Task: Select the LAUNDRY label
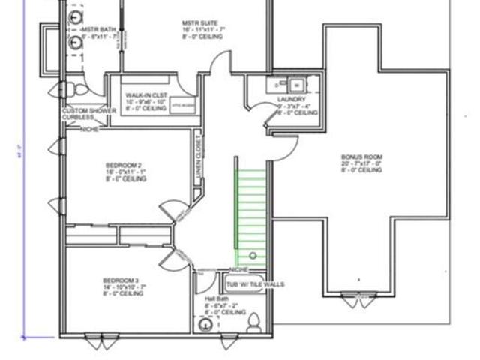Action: (x=291, y=99)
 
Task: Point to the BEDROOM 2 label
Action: (x=124, y=165)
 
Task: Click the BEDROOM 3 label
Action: (x=124, y=280)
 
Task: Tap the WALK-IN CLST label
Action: (x=146, y=96)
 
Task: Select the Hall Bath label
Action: (x=217, y=298)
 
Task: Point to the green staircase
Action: (x=252, y=214)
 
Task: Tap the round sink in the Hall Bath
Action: (x=205, y=325)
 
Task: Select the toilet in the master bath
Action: (x=63, y=91)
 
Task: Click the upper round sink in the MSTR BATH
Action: (x=75, y=16)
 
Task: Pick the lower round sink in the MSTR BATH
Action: (x=75, y=43)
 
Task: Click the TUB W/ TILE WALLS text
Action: (x=255, y=285)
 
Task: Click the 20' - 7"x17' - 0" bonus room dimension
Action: (x=361, y=163)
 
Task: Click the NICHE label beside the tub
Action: (x=238, y=270)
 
